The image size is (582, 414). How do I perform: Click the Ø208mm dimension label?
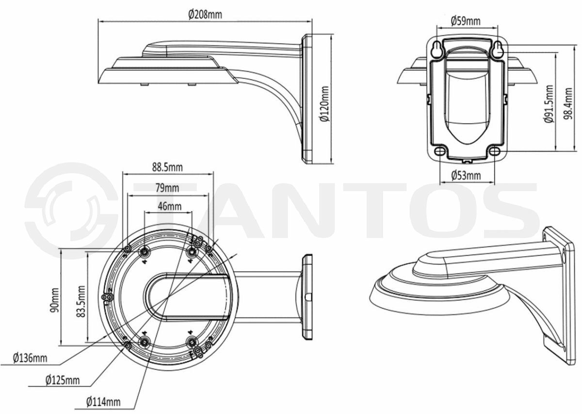click(x=205, y=14)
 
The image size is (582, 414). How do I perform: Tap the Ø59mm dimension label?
click(x=465, y=20)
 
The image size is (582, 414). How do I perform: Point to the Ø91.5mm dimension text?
click(x=549, y=104)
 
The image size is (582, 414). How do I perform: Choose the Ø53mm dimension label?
click(x=466, y=175)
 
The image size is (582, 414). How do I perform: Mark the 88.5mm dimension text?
click(x=167, y=167)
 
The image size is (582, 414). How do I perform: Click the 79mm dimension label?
click(x=167, y=187)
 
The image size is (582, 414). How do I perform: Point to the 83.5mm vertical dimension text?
click(x=80, y=299)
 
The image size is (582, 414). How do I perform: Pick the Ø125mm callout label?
click(x=63, y=380)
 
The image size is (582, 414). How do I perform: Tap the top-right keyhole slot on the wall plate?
click(x=499, y=49)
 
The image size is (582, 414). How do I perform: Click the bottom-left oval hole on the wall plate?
click(x=440, y=151)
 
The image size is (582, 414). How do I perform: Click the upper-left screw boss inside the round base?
click(x=145, y=252)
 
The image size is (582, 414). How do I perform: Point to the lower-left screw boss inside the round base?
click(x=145, y=342)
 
